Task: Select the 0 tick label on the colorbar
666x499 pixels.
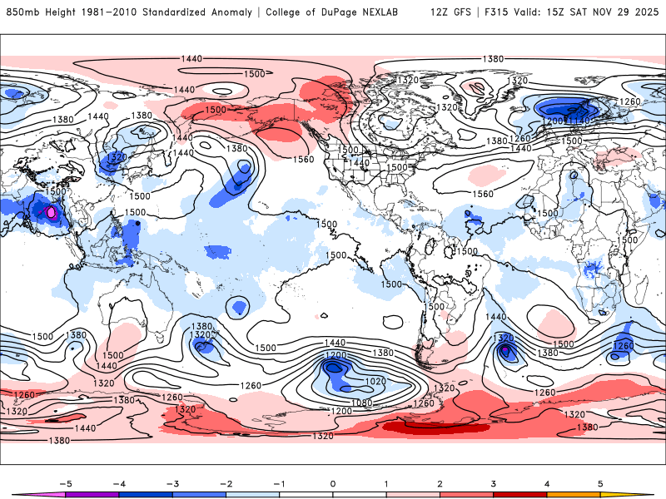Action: point(332,482)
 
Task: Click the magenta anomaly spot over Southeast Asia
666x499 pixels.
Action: point(52,213)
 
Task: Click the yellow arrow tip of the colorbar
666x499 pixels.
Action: point(644,493)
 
